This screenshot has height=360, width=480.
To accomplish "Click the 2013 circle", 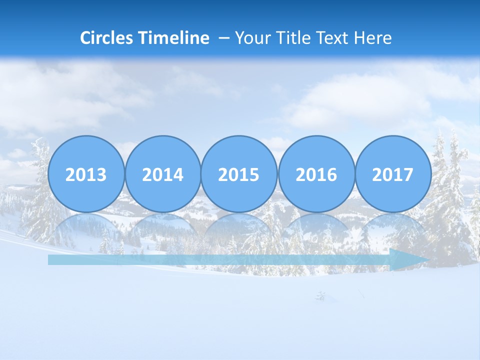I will point(86,174).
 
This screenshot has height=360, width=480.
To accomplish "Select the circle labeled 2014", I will point(162,174).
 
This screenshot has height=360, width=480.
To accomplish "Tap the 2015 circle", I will point(239,174).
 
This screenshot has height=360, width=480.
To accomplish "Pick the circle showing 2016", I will point(316,174).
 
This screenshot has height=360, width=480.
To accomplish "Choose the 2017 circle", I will point(392,174).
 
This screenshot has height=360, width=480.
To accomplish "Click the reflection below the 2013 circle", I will point(86,228).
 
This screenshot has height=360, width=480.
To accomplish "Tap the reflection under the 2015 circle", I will point(239,228).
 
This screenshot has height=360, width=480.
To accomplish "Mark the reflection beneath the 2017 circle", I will point(392,228).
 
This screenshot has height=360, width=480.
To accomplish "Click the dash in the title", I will point(224,38).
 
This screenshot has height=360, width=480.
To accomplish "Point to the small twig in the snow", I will point(320,296).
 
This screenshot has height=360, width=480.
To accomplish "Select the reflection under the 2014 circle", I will point(162,228).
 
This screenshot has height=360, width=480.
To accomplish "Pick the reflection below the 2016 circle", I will point(316,228).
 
